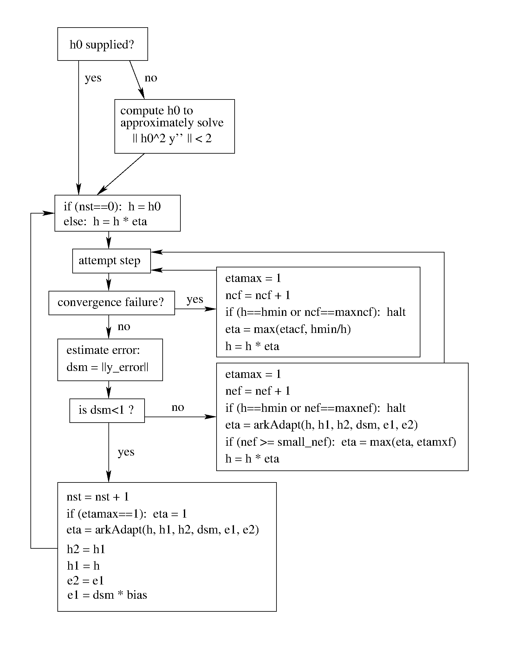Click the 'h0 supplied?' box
pyautogui.click(x=102, y=44)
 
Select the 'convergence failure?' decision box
pyautogui.click(x=111, y=303)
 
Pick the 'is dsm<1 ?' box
pyautogui.click(x=107, y=410)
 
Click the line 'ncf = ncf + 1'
pyautogui.click(x=257, y=295)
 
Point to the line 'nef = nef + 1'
pyautogui.click(x=257, y=391)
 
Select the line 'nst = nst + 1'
pyautogui.click(x=98, y=496)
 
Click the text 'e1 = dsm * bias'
pyautogui.click(x=107, y=595)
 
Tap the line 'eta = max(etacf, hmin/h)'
pyautogui.click(x=288, y=329)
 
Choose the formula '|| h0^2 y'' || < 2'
pyautogui.click(x=172, y=138)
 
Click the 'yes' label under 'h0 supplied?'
pyautogui.click(x=93, y=78)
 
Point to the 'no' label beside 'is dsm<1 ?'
pyautogui.click(x=178, y=407)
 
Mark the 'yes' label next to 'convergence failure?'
pyautogui.click(x=194, y=299)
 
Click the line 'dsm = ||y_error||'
pyautogui.click(x=107, y=367)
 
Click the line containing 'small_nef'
pyautogui.click(x=340, y=442)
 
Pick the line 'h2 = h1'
pyautogui.click(x=86, y=549)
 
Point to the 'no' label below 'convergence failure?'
pyautogui.click(x=124, y=327)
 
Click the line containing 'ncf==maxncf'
pyautogui.click(x=315, y=312)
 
